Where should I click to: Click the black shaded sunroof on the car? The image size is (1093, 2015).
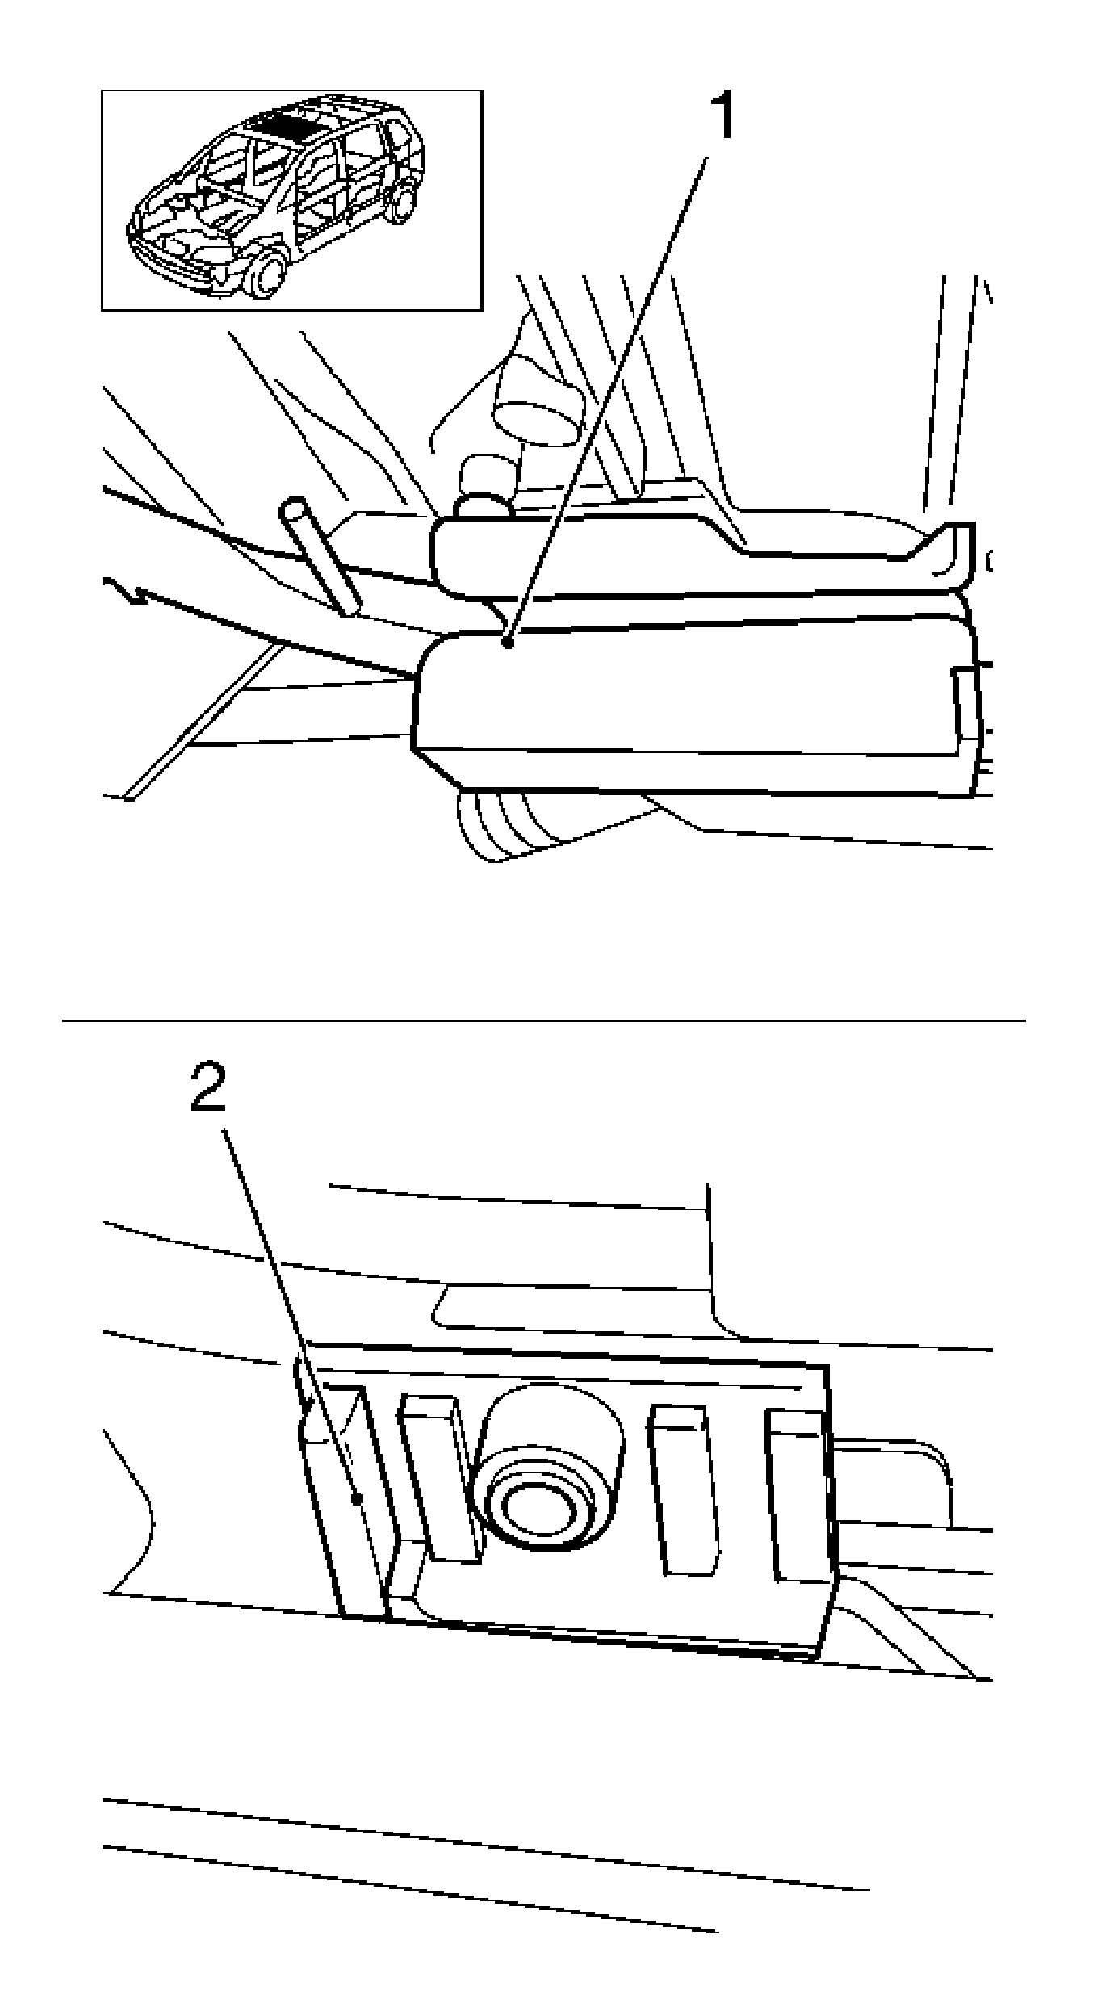283,125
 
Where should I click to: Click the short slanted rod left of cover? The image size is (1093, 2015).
321,557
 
